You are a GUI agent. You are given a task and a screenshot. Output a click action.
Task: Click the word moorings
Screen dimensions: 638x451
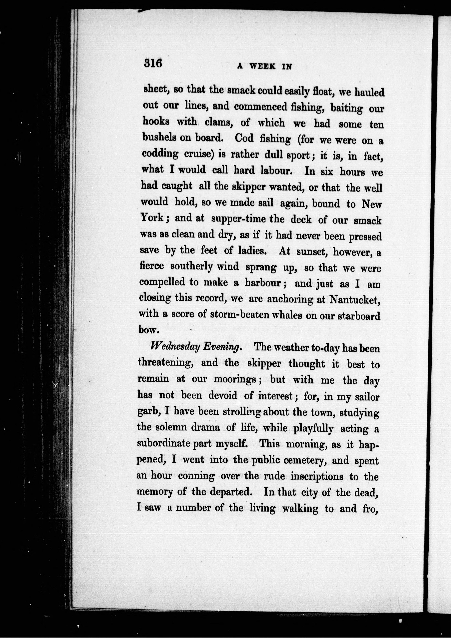click(236, 380)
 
